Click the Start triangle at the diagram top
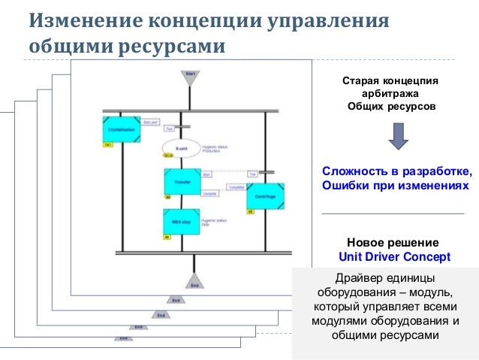(190, 77)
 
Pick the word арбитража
(390, 92)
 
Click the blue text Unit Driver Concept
(394, 256)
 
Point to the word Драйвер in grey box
(363, 278)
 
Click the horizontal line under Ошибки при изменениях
(393, 213)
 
